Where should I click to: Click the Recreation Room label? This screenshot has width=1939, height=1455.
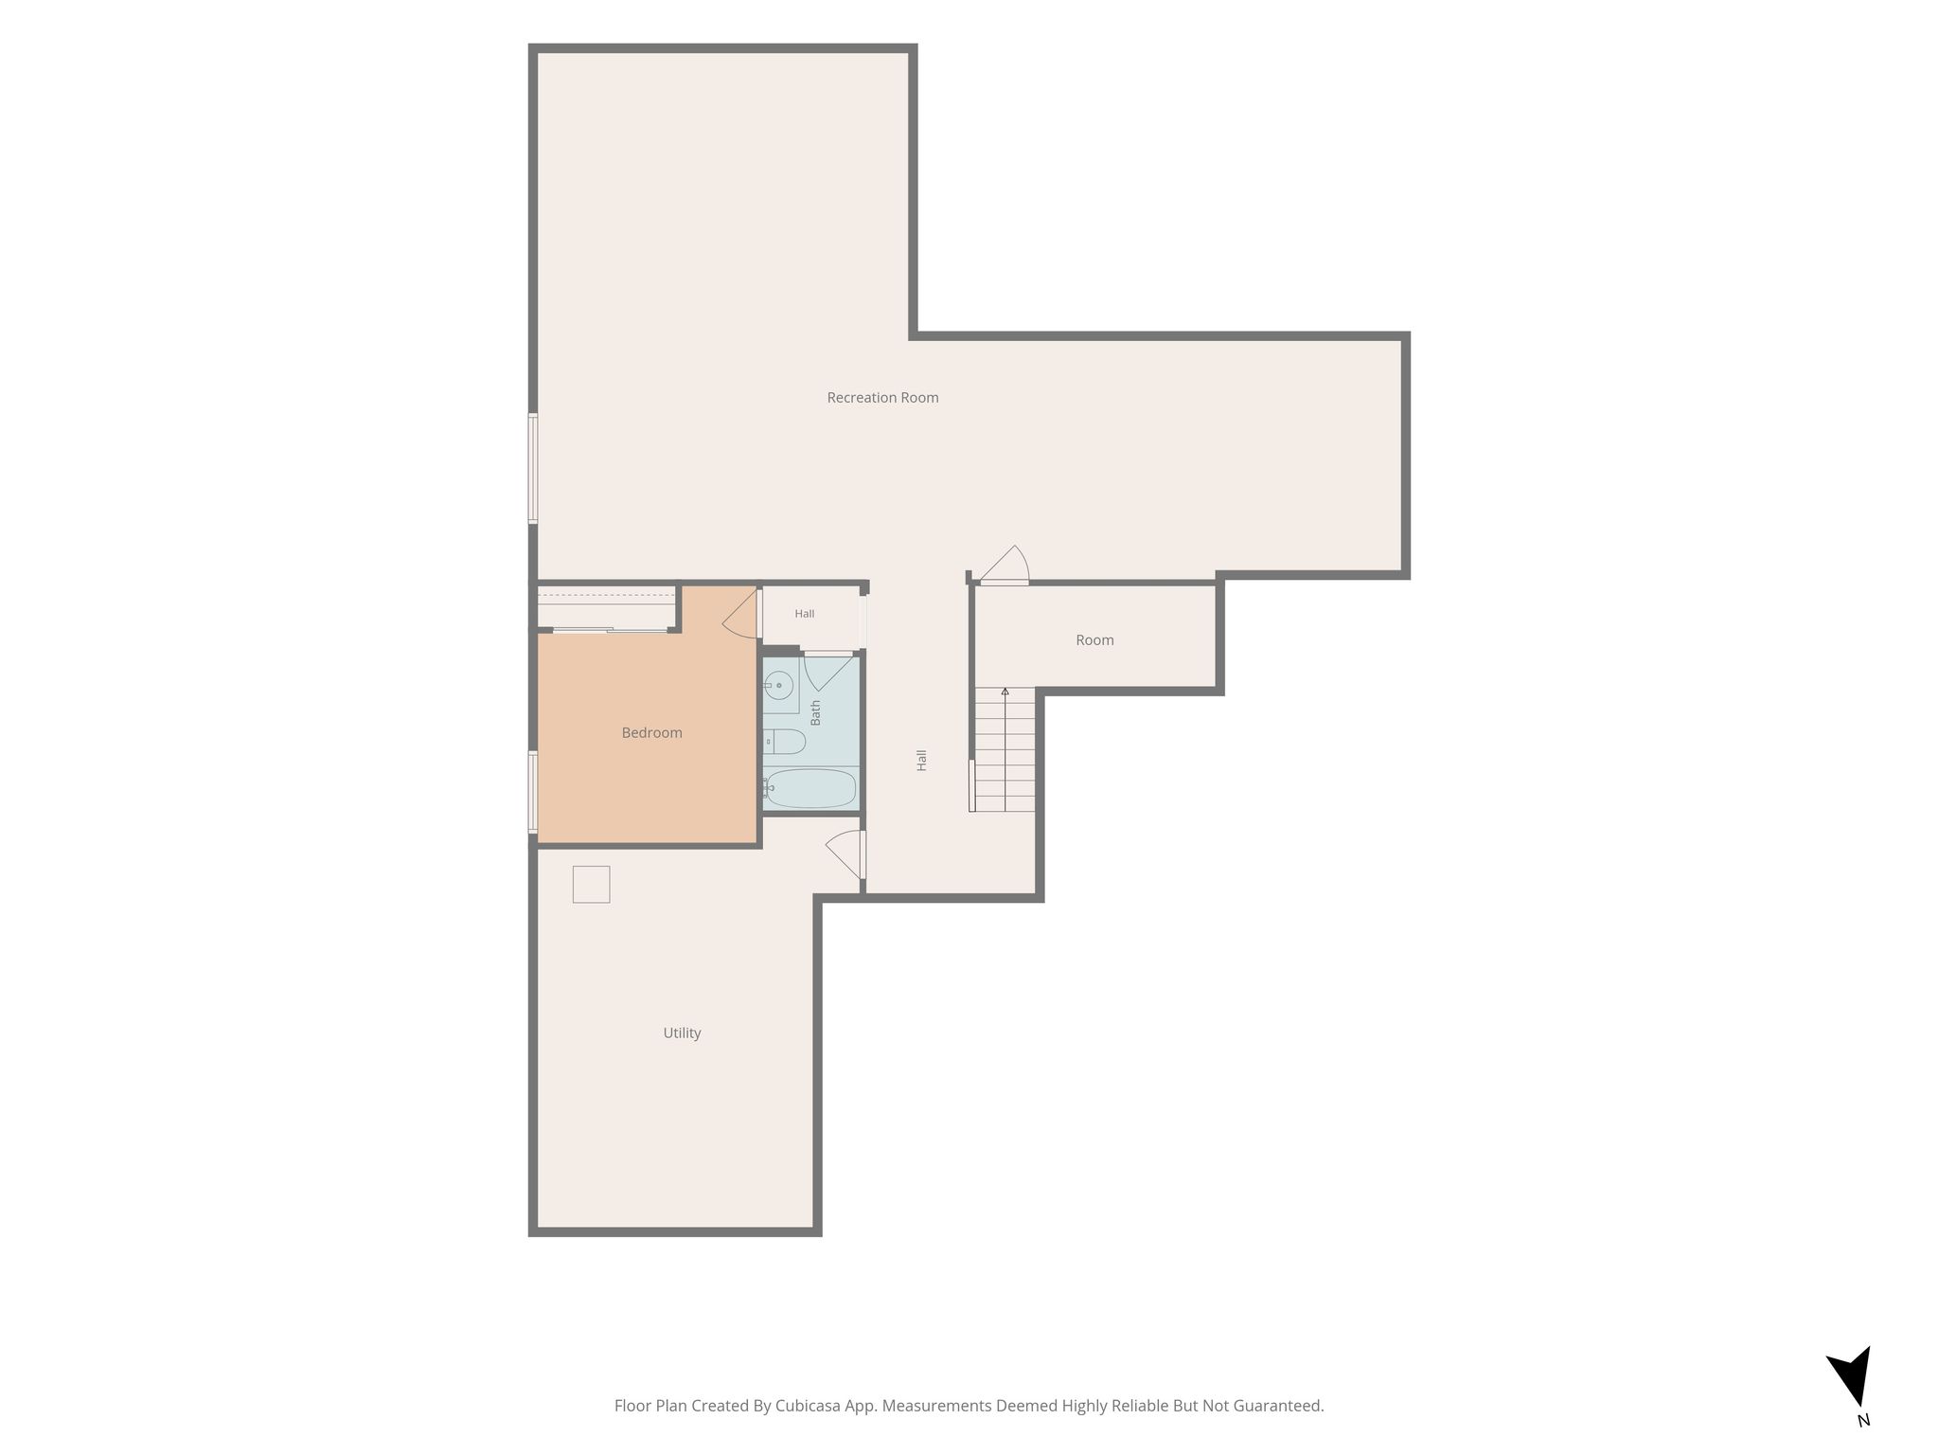tap(882, 398)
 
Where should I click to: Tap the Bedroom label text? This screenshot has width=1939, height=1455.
tap(651, 732)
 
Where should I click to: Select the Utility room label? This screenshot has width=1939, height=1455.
tap(682, 1033)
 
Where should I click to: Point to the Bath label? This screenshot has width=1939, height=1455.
tap(815, 712)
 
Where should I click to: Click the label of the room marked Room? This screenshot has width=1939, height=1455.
tap(1094, 640)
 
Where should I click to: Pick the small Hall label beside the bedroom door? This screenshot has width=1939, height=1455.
tap(805, 614)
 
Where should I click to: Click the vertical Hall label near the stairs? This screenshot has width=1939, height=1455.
tap(921, 760)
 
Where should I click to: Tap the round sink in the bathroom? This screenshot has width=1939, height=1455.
tap(779, 684)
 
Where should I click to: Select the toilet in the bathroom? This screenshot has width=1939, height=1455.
tap(783, 741)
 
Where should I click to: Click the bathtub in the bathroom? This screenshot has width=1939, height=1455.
tap(810, 788)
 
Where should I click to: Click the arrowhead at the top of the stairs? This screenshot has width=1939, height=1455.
tap(1005, 692)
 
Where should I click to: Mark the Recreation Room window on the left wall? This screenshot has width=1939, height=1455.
tap(533, 468)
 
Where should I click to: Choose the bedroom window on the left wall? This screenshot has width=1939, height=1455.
tap(533, 792)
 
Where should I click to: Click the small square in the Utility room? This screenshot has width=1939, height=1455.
tap(591, 884)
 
